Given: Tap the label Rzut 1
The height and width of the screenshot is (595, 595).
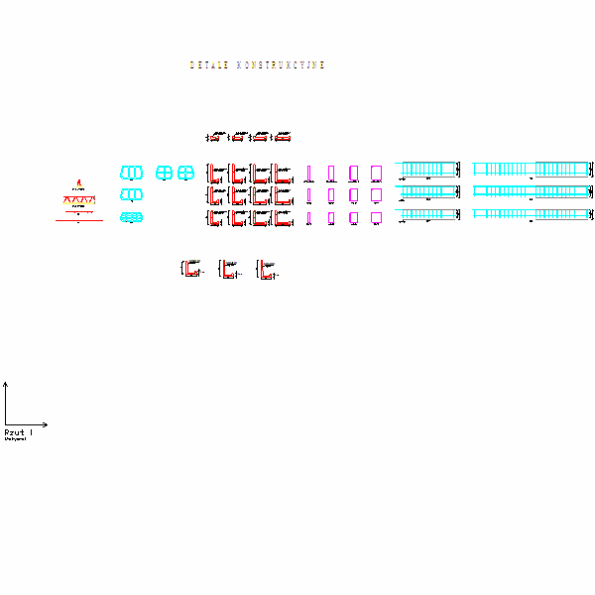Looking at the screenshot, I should pyautogui.click(x=18, y=433).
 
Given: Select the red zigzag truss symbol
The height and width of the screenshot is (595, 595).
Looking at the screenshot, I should pyautogui.click(x=79, y=200).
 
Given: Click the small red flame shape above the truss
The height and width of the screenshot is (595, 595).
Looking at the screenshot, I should pyautogui.click(x=79, y=183).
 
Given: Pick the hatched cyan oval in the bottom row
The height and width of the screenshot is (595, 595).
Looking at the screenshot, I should pyautogui.click(x=130, y=217).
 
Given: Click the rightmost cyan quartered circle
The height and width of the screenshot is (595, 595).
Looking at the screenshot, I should pyautogui.click(x=185, y=173).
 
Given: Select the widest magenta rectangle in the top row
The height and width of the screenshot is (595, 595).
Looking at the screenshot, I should pyautogui.click(x=376, y=173).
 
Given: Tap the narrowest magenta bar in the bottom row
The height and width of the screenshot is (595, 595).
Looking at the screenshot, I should pyautogui.click(x=309, y=217).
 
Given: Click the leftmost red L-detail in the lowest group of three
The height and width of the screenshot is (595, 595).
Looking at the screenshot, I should pyautogui.click(x=190, y=268).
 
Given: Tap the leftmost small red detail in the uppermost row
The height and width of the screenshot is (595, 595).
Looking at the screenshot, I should pyautogui.click(x=215, y=137).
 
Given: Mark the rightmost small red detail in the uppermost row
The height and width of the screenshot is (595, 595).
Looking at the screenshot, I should pyautogui.click(x=283, y=137).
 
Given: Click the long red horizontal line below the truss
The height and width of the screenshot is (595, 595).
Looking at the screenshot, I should pyautogui.click(x=79, y=221).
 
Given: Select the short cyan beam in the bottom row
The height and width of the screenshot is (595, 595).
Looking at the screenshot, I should pyautogui.click(x=428, y=214).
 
